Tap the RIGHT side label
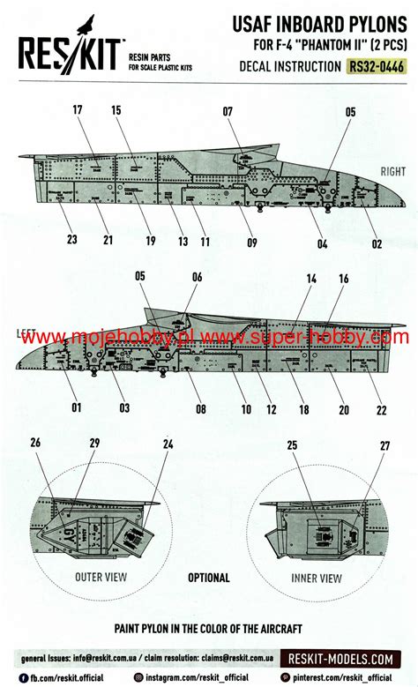(392, 172)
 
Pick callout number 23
(72, 240)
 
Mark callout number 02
(376, 243)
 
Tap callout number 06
(197, 277)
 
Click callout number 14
(311, 279)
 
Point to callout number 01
(77, 407)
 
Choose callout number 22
(381, 409)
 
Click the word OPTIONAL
(208, 578)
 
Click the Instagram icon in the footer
(139, 676)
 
